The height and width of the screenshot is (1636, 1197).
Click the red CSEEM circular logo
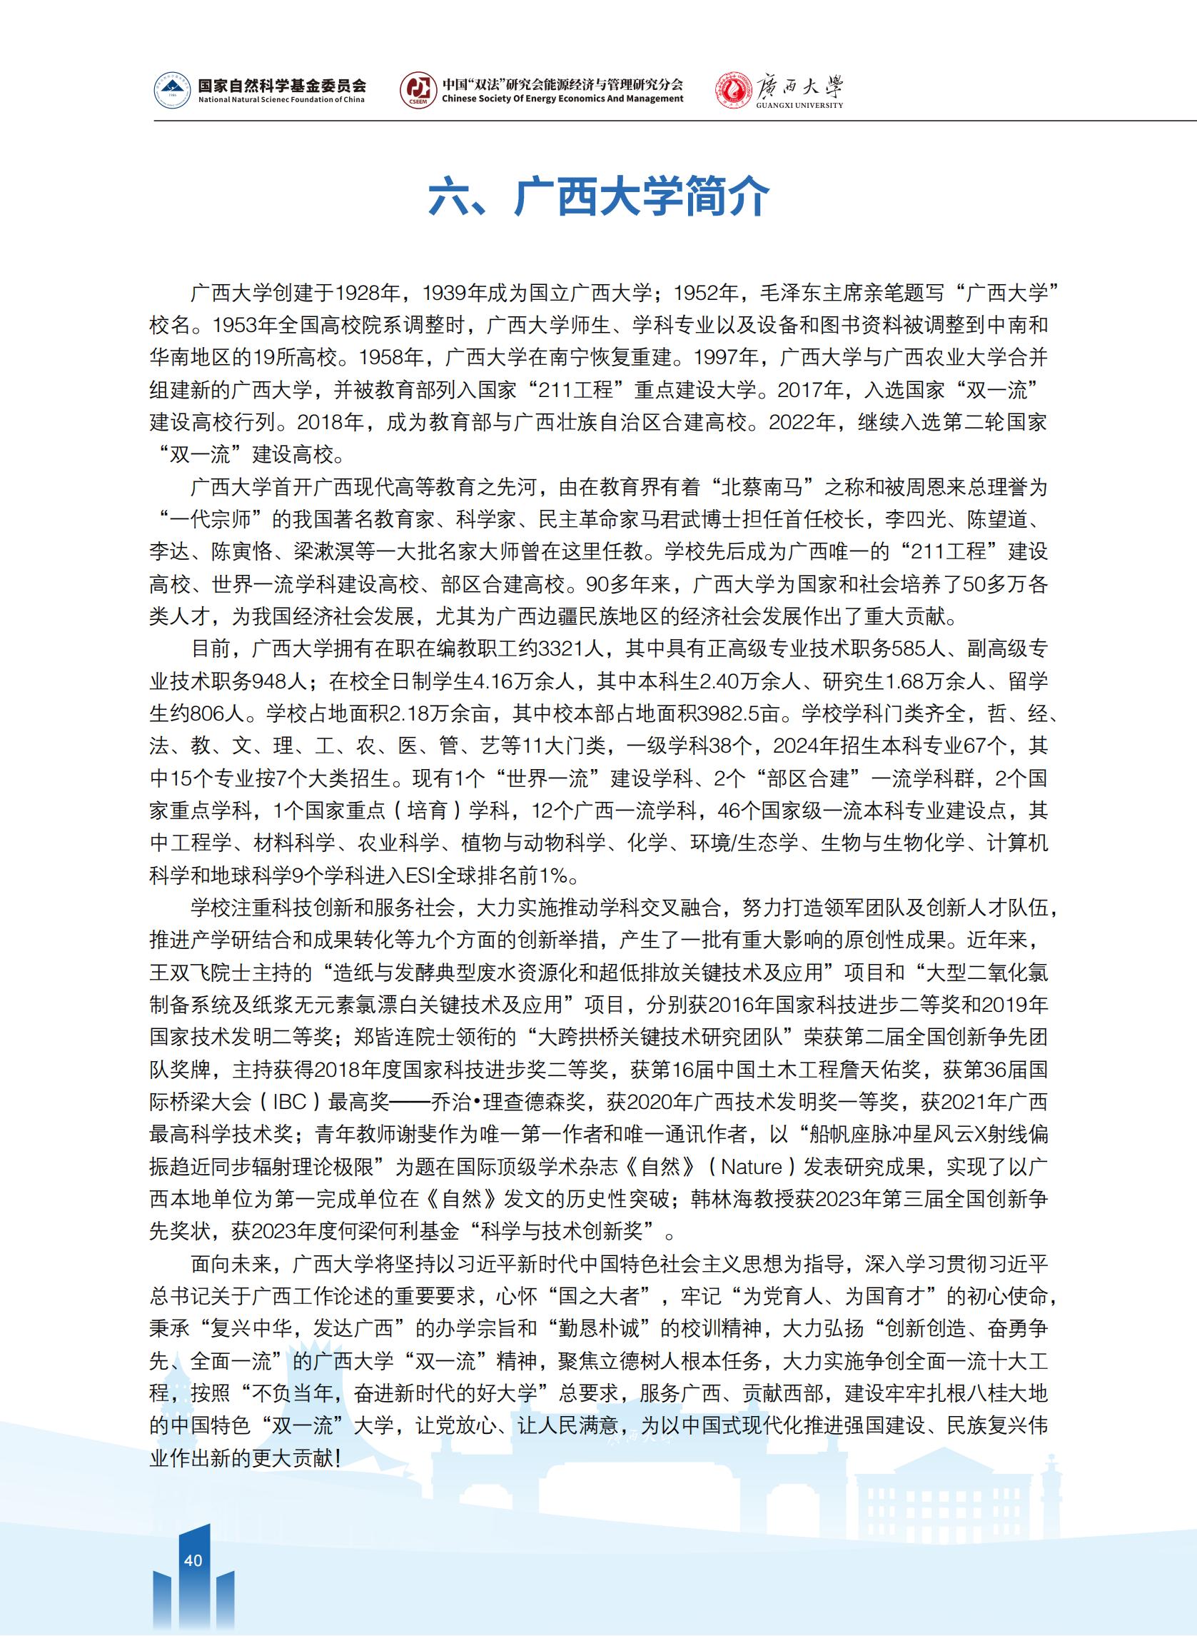[x=418, y=91]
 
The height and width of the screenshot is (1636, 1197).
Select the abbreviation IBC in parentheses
[x=290, y=1103]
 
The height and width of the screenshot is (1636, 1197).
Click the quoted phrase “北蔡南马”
[x=757, y=487]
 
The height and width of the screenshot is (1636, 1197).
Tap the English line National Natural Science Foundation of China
[x=282, y=100]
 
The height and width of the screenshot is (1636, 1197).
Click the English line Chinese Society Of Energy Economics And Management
[x=562, y=99]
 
